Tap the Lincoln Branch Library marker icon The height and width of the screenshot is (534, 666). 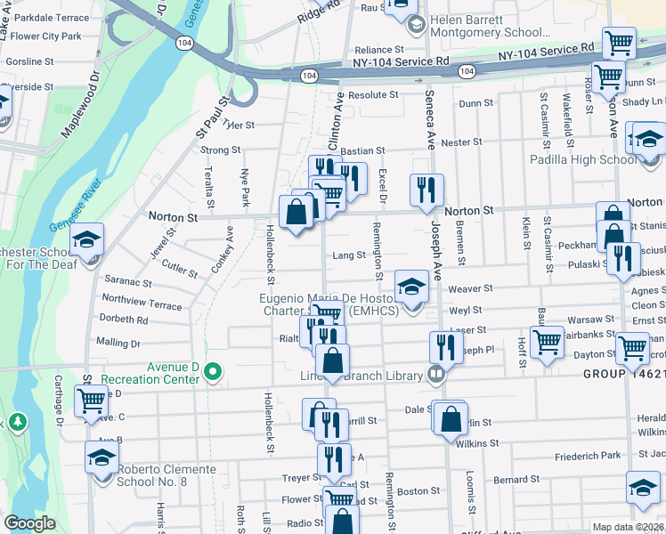click(435, 375)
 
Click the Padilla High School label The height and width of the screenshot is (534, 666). click(582, 159)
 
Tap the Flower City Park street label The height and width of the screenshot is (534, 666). click(46, 36)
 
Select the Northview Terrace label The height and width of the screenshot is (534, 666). click(142, 303)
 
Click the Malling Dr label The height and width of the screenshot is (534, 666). click(118, 343)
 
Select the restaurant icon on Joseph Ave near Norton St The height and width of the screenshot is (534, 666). click(426, 189)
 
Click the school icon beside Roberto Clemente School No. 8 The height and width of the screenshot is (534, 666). click(102, 457)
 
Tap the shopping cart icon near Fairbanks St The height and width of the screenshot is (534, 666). click(546, 340)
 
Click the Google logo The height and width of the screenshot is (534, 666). click(29, 523)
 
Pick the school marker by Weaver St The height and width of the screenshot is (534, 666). click(411, 287)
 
